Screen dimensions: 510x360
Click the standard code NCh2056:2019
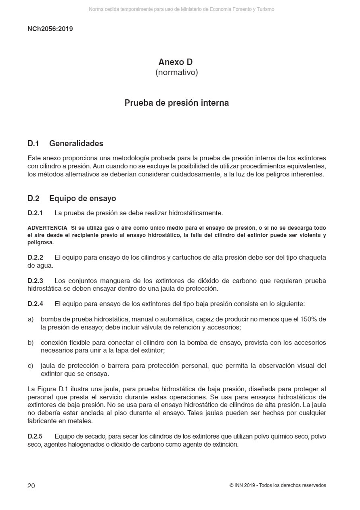(50, 29)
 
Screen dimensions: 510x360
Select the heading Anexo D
(176, 62)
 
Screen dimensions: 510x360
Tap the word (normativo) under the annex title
(176, 73)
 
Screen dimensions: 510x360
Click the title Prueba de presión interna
(176, 103)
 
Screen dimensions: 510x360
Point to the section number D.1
(33, 144)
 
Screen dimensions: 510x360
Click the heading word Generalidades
(76, 144)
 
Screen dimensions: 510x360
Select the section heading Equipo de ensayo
(82, 199)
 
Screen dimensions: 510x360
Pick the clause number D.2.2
(35, 258)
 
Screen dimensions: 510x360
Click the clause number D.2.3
(35, 281)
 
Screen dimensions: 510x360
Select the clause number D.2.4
(35, 304)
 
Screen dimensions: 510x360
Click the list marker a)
(31, 319)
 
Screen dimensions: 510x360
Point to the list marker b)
(31, 343)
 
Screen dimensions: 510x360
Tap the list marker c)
(31, 366)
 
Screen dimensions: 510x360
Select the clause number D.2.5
(35, 437)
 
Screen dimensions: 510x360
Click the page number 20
(31, 486)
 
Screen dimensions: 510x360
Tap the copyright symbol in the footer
(231, 485)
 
